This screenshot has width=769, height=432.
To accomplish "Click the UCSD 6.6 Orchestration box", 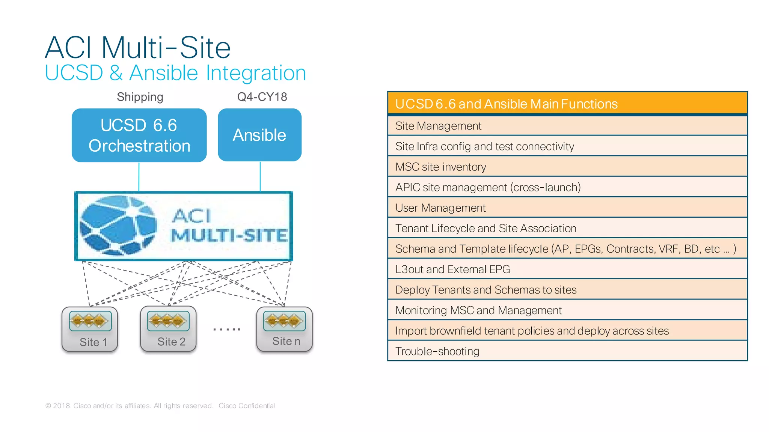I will (139, 135).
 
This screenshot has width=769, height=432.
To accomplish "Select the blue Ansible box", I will (259, 135).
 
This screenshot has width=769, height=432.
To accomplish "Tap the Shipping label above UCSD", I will (140, 97).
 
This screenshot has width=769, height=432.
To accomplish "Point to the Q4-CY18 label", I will (262, 97).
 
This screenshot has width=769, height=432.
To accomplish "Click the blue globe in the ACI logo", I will (118, 225).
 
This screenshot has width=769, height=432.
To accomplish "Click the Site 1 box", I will (90, 329).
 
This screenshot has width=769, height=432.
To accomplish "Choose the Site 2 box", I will (168, 329).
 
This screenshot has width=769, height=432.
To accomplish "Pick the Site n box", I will (284, 329).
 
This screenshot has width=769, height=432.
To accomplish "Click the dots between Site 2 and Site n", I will (226, 329).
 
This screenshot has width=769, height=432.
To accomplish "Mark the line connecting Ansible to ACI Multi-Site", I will (260, 176).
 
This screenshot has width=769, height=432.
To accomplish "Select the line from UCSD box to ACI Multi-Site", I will (139, 176).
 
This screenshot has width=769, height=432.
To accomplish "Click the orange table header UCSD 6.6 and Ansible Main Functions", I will (567, 104).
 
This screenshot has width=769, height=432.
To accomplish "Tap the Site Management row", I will (567, 126).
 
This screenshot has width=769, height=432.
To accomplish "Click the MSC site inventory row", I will (567, 167).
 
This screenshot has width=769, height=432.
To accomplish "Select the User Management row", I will (567, 208).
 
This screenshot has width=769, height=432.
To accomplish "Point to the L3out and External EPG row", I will (567, 269).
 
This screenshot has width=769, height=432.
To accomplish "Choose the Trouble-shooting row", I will (567, 351).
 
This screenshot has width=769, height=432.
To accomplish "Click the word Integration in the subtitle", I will (256, 73).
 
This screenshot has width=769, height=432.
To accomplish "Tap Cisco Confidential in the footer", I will (246, 406).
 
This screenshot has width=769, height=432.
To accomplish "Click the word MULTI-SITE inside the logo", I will (229, 236).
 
